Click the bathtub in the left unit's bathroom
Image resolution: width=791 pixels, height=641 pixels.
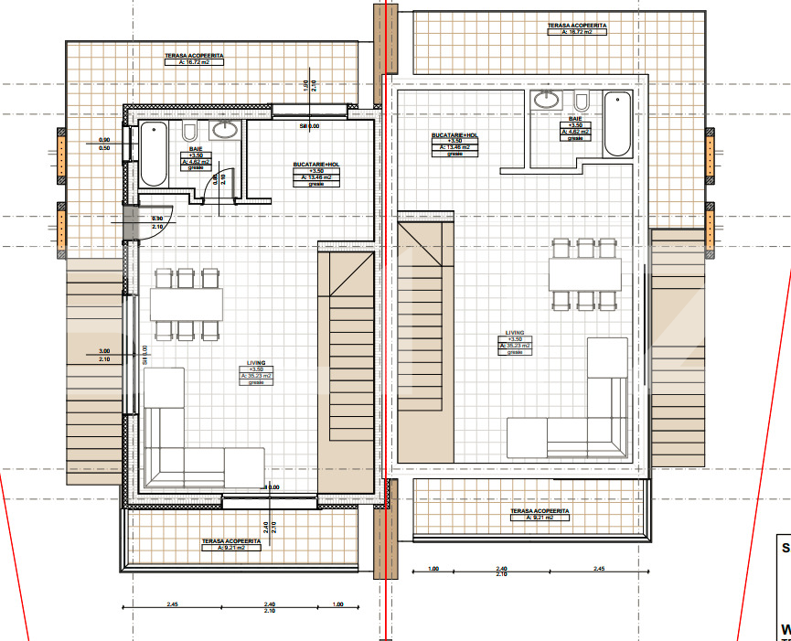click(x=153, y=153)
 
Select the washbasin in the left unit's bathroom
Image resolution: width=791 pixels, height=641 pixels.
click(x=223, y=131)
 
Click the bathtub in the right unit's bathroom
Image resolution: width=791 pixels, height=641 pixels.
click(x=616, y=123)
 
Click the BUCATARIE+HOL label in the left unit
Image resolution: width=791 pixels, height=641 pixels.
click(x=316, y=165)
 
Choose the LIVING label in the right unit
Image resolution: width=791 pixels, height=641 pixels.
click(x=515, y=334)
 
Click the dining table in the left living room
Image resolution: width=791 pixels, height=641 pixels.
click(x=187, y=303)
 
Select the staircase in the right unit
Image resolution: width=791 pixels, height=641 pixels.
click(x=425, y=347)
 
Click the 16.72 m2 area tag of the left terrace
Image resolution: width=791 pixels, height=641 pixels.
click(x=194, y=63)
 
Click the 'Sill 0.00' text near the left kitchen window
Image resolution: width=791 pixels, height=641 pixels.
click(x=310, y=126)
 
